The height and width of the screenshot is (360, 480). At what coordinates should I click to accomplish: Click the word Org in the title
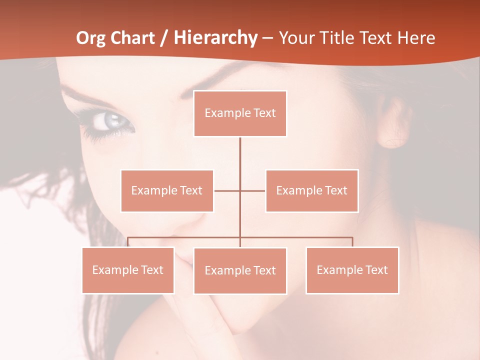pos(90,38)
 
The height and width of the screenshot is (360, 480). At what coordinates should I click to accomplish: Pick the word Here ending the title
pos(416,38)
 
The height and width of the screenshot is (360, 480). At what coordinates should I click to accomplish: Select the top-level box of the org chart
pos(240,113)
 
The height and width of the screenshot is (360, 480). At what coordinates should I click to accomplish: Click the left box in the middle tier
pos(167,191)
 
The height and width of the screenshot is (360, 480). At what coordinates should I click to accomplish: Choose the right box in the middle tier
pos(312,191)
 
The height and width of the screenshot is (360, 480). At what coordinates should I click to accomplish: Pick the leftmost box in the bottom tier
pos(128,270)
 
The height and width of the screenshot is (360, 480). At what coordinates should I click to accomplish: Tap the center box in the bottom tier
pos(240,271)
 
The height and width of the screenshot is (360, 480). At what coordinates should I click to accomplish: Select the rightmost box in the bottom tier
pos(352,270)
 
